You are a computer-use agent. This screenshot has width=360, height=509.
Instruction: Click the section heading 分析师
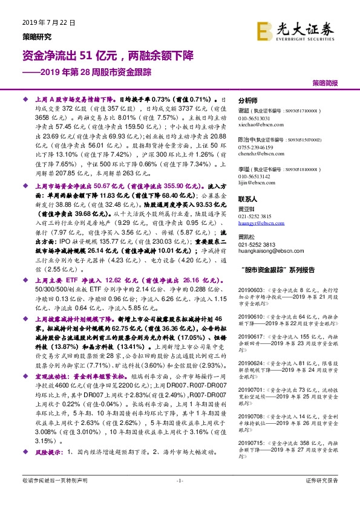pyautogui.click(x=248, y=100)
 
